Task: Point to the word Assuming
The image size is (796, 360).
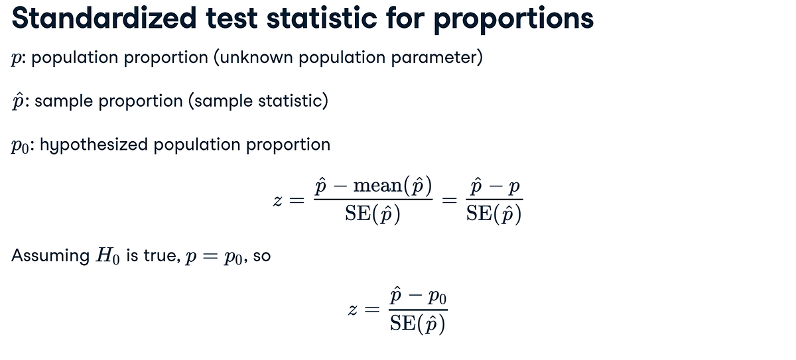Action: coord(50,255)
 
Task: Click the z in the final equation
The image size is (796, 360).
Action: coord(353,310)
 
